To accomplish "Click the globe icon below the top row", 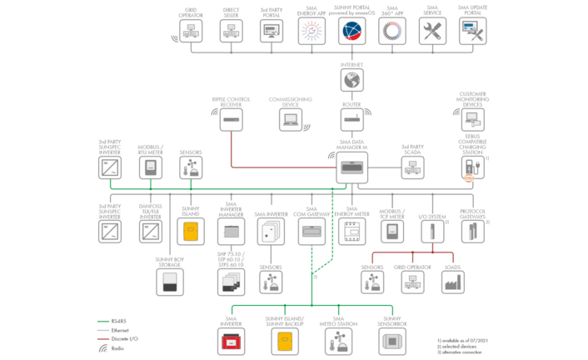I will tap(352, 80).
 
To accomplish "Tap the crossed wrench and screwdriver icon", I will tap(433, 32).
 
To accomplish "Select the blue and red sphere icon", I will tap(352, 32).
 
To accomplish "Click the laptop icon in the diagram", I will tap(291, 119).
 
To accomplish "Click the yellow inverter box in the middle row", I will tap(191, 231).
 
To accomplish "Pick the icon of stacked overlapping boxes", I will tap(231, 281).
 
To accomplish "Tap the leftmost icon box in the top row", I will tap(191, 32).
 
